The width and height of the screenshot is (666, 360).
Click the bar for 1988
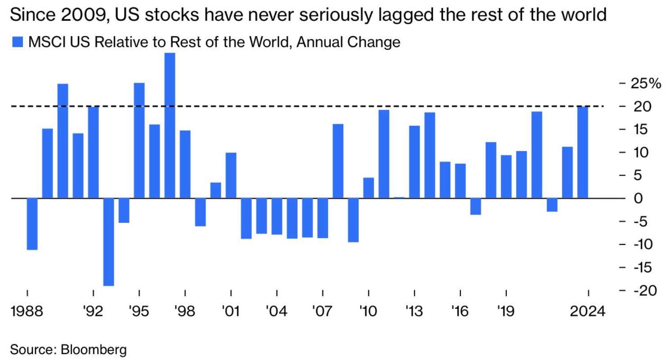[32, 224]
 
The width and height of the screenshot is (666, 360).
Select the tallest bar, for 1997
[170, 126]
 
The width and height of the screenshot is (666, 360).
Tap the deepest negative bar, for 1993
[108, 242]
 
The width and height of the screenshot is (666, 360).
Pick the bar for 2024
[583, 152]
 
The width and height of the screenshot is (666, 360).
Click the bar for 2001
[231, 175]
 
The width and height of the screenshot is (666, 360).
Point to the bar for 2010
[368, 188]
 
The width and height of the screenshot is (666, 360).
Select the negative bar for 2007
[322, 218]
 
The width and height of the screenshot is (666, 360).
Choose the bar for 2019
[506, 177]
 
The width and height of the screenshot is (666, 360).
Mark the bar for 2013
[414, 162]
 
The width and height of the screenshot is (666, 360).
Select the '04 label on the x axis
[277, 311]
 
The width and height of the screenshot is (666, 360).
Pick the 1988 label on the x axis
[27, 311]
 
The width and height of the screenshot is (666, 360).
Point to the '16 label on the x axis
[460, 311]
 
